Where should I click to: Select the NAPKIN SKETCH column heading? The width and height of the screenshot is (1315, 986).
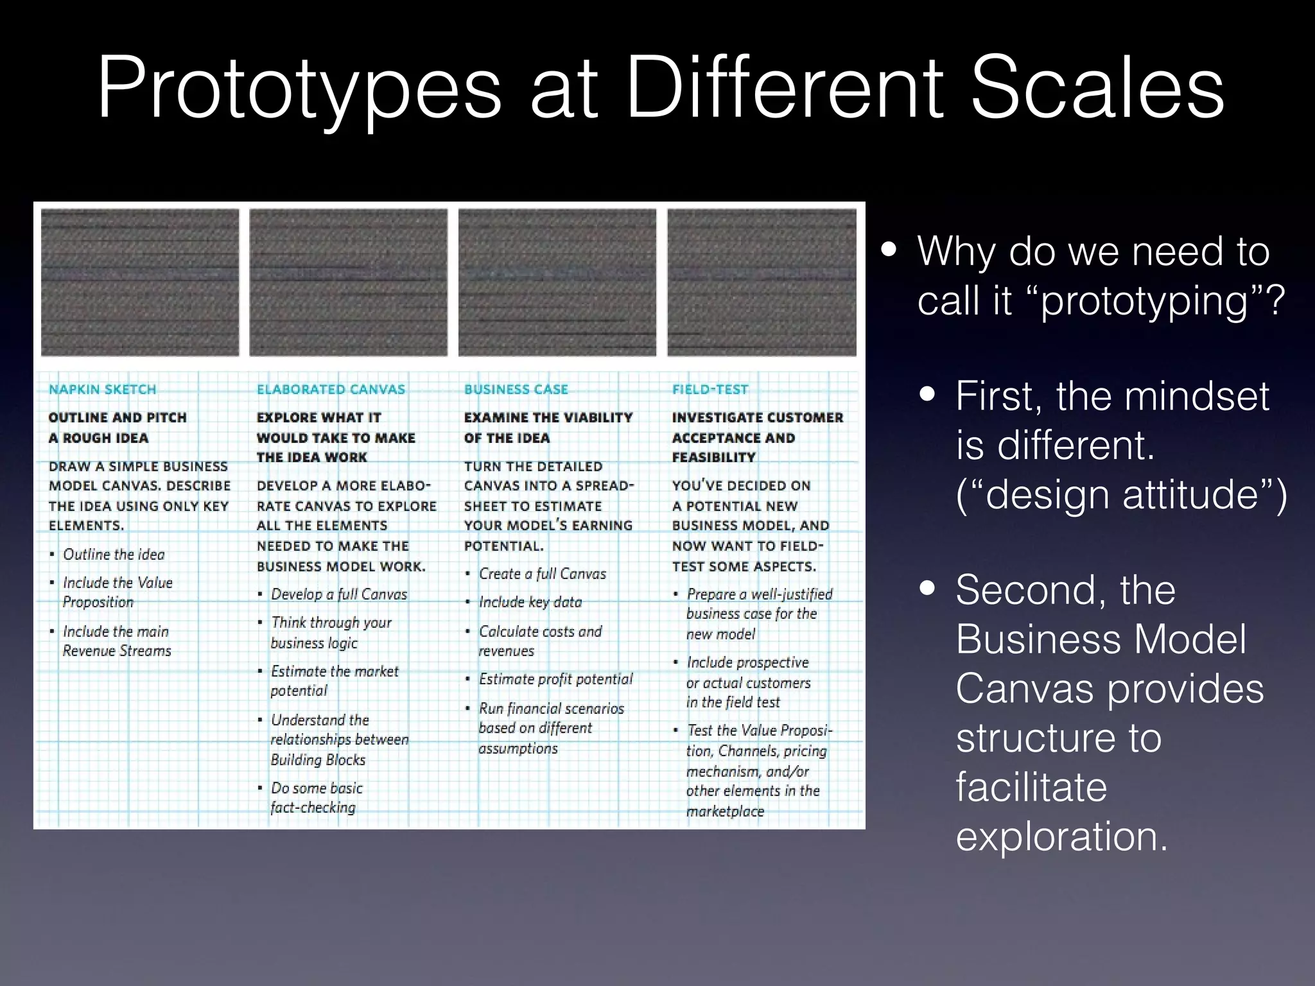pyautogui.click(x=103, y=389)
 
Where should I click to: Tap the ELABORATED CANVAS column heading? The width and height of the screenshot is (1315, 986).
pyautogui.click(x=331, y=389)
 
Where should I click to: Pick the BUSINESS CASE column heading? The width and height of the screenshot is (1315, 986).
pyautogui.click(x=516, y=389)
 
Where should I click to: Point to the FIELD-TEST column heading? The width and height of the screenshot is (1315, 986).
pyautogui.click(x=710, y=389)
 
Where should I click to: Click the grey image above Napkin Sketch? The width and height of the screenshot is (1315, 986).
pyautogui.click(x=140, y=282)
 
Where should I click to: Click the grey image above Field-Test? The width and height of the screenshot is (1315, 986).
pyautogui.click(x=762, y=282)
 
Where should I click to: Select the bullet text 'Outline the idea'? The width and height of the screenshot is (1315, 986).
pyautogui.click(x=114, y=554)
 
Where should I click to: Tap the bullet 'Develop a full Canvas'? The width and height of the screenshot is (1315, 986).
pyautogui.click(x=339, y=594)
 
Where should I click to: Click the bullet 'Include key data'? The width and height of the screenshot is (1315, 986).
pyautogui.click(x=530, y=601)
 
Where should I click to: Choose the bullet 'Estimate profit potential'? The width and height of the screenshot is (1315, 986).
pyautogui.click(x=555, y=679)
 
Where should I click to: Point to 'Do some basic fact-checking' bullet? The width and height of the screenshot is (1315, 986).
pyautogui.click(x=317, y=797)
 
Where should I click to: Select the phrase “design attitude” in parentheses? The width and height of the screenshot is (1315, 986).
pyautogui.click(x=1121, y=494)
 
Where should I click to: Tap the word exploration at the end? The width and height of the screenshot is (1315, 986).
pyautogui.click(x=1061, y=836)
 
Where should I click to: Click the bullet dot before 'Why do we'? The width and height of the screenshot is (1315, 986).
pyautogui.click(x=889, y=249)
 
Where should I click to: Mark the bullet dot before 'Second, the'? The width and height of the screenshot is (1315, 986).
pyautogui.click(x=927, y=588)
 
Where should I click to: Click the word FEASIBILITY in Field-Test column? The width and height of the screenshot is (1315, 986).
pyautogui.click(x=713, y=457)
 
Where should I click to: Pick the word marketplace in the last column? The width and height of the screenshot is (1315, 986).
pyautogui.click(x=725, y=811)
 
